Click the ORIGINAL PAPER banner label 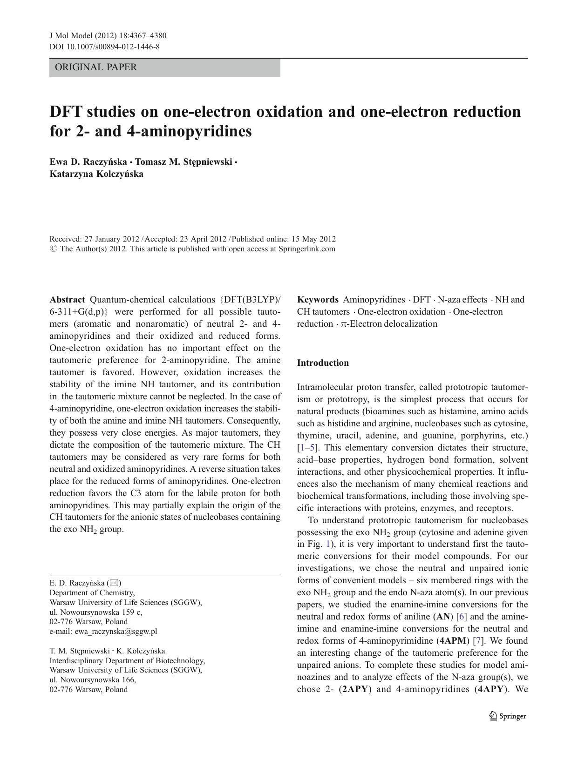pyautogui.click(x=96, y=67)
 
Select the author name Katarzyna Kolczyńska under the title pyautogui.click(x=96, y=174)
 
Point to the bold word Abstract pyautogui.click(x=67, y=300)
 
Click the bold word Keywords pyautogui.click(x=318, y=300)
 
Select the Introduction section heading pyautogui.click(x=323, y=363)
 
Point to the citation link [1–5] pyautogui.click(x=308, y=448)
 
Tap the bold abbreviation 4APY pyautogui.click(x=490, y=689)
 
